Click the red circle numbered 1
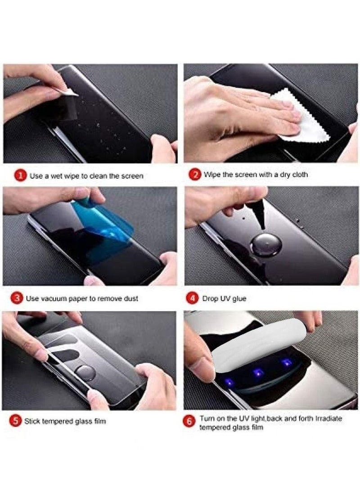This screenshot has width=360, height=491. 20,176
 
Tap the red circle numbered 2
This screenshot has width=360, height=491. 194,174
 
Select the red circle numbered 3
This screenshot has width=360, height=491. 17,298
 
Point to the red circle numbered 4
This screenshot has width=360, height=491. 192,298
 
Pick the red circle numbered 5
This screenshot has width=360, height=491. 16,421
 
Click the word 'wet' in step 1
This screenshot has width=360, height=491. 58,176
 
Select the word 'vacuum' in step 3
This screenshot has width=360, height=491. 54,298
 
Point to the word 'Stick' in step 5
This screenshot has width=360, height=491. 34,422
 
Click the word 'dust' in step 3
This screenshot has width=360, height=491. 129,298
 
